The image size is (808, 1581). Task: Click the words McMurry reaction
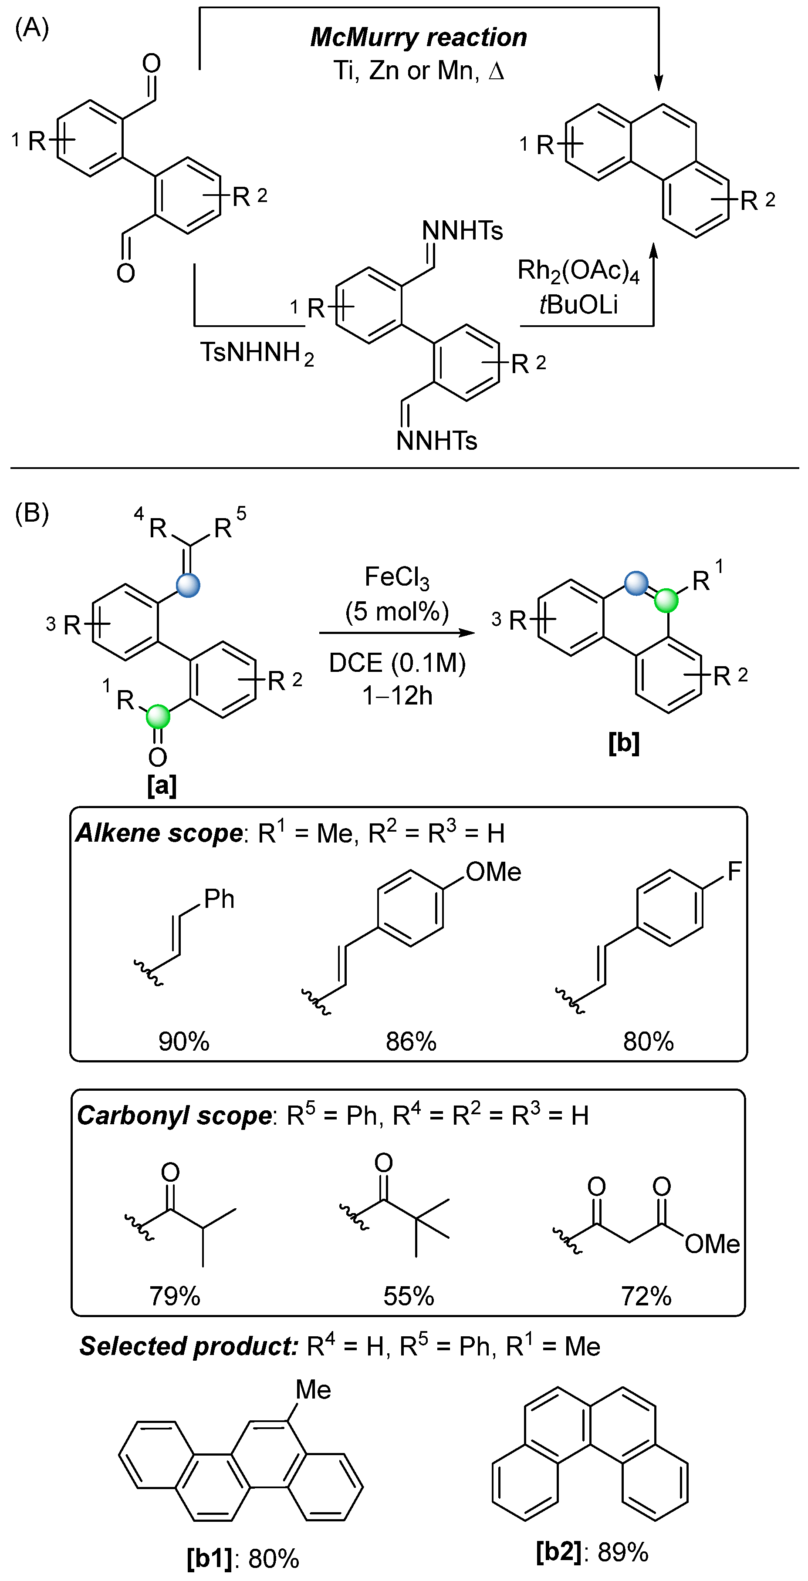[418, 37]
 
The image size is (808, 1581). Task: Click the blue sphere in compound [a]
[188, 585]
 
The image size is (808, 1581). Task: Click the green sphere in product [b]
[666, 601]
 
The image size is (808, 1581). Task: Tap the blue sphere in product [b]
[636, 583]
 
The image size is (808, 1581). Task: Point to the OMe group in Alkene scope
[493, 872]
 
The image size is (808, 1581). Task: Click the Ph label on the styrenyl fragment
[219, 899]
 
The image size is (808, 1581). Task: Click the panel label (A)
[31, 27]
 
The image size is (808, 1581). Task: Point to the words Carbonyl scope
[174, 1116]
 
